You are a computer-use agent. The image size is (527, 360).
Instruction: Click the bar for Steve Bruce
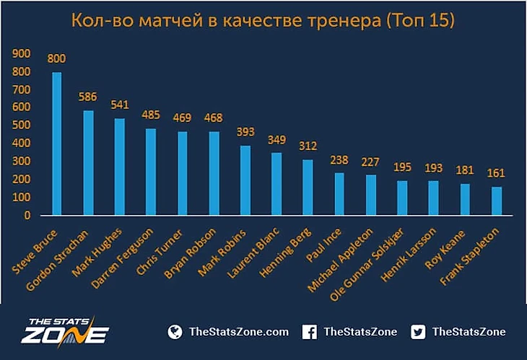(56, 144)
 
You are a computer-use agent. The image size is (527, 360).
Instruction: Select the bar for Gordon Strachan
(88, 163)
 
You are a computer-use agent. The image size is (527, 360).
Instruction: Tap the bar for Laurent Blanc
(276, 184)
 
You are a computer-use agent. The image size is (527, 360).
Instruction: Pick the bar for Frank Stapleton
(497, 201)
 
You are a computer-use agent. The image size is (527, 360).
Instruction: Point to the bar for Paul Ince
(339, 193)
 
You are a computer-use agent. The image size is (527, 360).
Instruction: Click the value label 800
(57, 59)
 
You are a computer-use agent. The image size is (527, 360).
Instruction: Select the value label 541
(120, 105)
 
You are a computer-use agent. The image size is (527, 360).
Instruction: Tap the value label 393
(245, 132)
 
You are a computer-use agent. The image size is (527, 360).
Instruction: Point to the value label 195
(402, 167)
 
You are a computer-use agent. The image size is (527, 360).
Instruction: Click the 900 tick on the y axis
(22, 53)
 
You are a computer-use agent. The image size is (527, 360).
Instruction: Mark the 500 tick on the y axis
(22, 126)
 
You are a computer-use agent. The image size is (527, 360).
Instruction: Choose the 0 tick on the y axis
(27, 215)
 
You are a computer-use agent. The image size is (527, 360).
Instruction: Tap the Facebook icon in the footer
(309, 332)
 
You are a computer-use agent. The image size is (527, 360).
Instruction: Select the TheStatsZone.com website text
(238, 332)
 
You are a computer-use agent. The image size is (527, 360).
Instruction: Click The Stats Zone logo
(65, 332)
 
